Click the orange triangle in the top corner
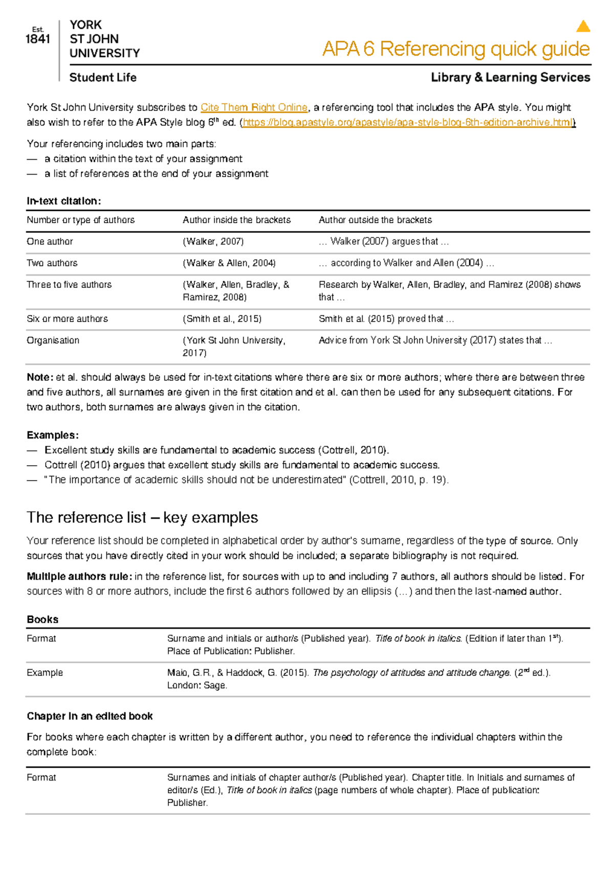click(583, 27)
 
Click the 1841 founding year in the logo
click(38, 39)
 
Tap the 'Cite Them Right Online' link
click(254, 107)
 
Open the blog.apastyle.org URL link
click(408, 122)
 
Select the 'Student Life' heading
click(103, 78)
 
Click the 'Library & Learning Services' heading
click(510, 78)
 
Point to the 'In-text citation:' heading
click(63, 201)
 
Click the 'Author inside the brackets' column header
click(236, 220)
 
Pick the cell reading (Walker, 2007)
click(213, 242)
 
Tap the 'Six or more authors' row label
click(67, 319)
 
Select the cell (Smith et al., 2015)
click(222, 319)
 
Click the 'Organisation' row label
click(53, 340)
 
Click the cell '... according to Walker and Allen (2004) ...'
click(406, 263)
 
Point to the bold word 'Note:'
click(39, 378)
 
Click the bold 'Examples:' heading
click(52, 436)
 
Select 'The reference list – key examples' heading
click(142, 517)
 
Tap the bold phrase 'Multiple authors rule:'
click(79, 577)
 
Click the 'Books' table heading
click(42, 620)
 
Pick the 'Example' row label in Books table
click(45, 673)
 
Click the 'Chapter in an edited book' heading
click(90, 716)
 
